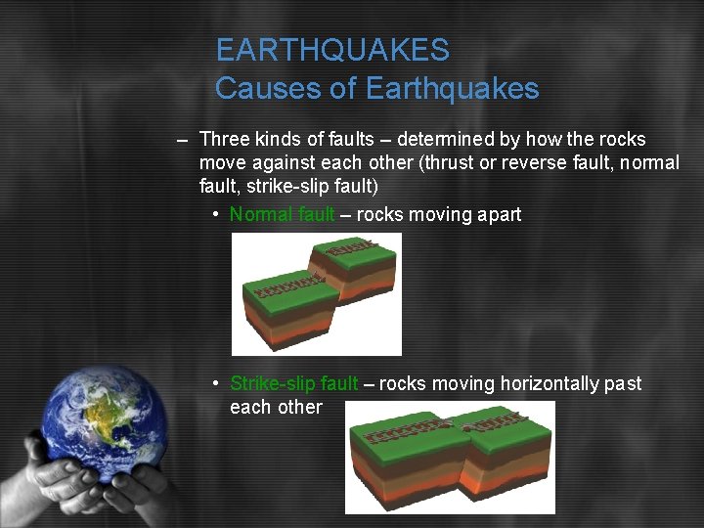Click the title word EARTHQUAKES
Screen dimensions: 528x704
pos(332,50)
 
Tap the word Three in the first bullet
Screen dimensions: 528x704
pos(225,140)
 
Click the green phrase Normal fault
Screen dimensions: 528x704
pos(282,214)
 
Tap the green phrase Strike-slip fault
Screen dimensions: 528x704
pos(293,384)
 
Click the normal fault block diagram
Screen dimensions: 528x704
pos(317,293)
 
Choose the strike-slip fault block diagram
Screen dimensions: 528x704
pos(450,457)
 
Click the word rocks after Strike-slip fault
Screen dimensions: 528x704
pos(402,384)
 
